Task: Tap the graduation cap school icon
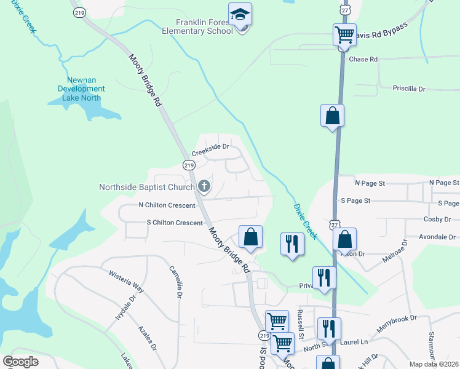[240, 14]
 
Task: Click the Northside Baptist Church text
[148, 186]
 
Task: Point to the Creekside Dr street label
[210, 148]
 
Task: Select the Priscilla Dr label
[409, 89]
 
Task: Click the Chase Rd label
[363, 60]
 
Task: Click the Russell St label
[300, 325]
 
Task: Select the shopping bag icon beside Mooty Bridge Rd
[250, 237]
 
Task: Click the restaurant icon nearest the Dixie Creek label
[291, 243]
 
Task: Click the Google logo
[20, 361]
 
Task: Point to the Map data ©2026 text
[434, 364]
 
